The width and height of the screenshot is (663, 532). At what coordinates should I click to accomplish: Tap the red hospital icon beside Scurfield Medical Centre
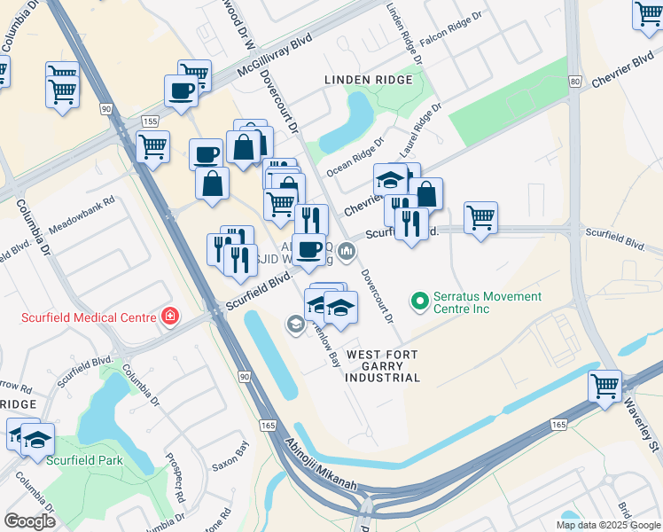click(168, 317)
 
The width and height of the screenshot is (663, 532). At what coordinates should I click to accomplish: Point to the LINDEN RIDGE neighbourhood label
click(368, 80)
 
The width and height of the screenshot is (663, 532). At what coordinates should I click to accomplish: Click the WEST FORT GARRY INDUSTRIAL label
click(383, 366)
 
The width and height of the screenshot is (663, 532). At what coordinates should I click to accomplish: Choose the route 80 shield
click(574, 82)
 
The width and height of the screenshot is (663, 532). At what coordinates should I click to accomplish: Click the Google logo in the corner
click(30, 520)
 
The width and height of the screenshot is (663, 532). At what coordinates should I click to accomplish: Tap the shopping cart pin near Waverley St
click(604, 387)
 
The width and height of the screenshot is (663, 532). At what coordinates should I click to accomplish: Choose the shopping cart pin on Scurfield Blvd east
click(480, 216)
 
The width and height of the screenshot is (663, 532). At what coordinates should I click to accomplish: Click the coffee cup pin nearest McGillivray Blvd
click(181, 90)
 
